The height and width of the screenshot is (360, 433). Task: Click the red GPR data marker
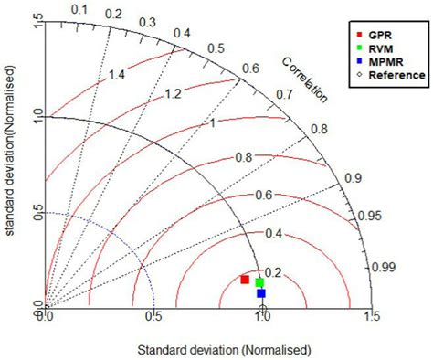(245, 279)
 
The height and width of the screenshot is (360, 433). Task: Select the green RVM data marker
(260, 282)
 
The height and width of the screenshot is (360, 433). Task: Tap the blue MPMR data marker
(261, 293)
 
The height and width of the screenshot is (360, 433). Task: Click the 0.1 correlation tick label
(79, 9)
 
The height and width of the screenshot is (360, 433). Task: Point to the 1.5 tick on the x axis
(370, 317)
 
